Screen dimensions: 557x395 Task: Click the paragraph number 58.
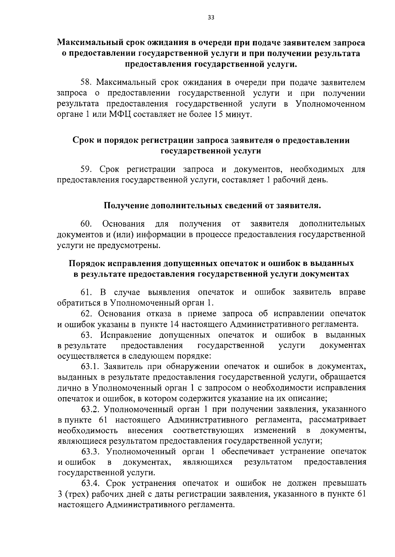pos(87,82)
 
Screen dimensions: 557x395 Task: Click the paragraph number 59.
pos(87,169)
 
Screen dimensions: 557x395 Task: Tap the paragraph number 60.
pos(86,224)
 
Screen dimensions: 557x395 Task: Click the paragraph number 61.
pos(86,292)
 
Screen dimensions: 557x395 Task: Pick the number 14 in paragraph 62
pos(174,324)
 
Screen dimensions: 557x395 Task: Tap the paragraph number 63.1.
pos(91,366)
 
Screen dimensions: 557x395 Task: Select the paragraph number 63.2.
pos(91,409)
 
